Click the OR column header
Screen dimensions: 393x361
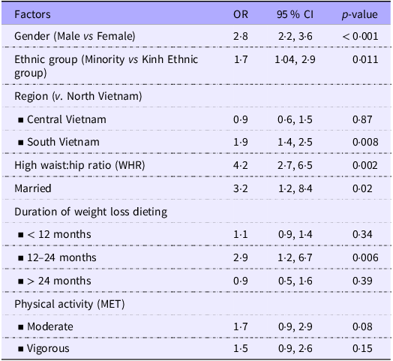pyautogui.click(x=241, y=14)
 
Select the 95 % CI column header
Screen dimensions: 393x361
pyautogui.click(x=295, y=14)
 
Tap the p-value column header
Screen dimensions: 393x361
pyautogui.click(x=360, y=14)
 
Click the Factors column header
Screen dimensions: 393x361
pyautogui.click(x=32, y=14)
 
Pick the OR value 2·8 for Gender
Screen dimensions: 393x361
pyautogui.click(x=241, y=36)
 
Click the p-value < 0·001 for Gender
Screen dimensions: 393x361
pyautogui.click(x=360, y=36)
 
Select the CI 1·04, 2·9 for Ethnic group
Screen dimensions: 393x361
pyautogui.click(x=295, y=59)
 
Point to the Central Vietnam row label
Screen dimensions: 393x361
pyautogui.click(x=67, y=119)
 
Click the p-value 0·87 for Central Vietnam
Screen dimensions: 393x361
pyautogui.click(x=362, y=119)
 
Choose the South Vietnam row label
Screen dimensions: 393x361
pyautogui.click(x=63, y=142)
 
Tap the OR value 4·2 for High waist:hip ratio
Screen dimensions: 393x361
pyautogui.click(x=241, y=165)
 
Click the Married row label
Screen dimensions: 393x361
pyautogui.click(x=33, y=188)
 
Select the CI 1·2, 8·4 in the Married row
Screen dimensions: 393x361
pyautogui.click(x=295, y=188)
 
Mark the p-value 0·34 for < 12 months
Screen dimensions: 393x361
pyautogui.click(x=362, y=235)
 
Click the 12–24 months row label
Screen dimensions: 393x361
pyautogui.click(x=61, y=257)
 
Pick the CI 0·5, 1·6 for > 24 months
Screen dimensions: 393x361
pyautogui.click(x=295, y=281)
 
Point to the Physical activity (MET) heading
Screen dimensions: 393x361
pyautogui.click(x=70, y=304)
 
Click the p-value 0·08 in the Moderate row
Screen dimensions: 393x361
pyautogui.click(x=362, y=326)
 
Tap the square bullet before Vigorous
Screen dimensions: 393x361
pyautogui.click(x=21, y=349)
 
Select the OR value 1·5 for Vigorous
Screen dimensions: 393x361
pyautogui.click(x=241, y=348)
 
